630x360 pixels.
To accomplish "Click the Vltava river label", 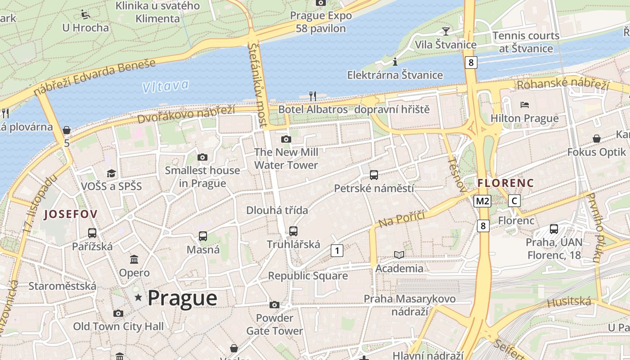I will coord(165,86).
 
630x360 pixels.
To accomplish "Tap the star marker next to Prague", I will coord(138,297).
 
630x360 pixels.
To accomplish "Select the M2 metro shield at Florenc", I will coord(482,201).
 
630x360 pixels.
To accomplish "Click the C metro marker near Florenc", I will coord(514,201).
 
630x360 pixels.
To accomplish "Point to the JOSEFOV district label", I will coord(70,214).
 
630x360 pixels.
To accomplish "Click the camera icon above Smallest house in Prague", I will coord(202,157).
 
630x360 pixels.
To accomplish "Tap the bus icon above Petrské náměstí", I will coord(373,175).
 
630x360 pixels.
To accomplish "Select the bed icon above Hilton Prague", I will coord(524,105).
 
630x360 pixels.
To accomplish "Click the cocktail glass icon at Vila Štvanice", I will coord(445,31).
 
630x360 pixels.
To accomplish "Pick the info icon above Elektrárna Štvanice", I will coord(395,62).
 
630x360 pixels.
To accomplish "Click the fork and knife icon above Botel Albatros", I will coord(313,96).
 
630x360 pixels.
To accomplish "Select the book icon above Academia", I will coord(399,255).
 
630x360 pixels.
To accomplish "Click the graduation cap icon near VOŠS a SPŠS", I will coord(111,173).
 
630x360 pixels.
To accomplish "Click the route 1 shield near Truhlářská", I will coord(337,250).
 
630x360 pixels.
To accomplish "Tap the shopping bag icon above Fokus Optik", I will coord(596,139).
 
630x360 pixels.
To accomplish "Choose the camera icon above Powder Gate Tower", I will coord(274,305).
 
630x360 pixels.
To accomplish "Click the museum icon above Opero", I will coord(134,260).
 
